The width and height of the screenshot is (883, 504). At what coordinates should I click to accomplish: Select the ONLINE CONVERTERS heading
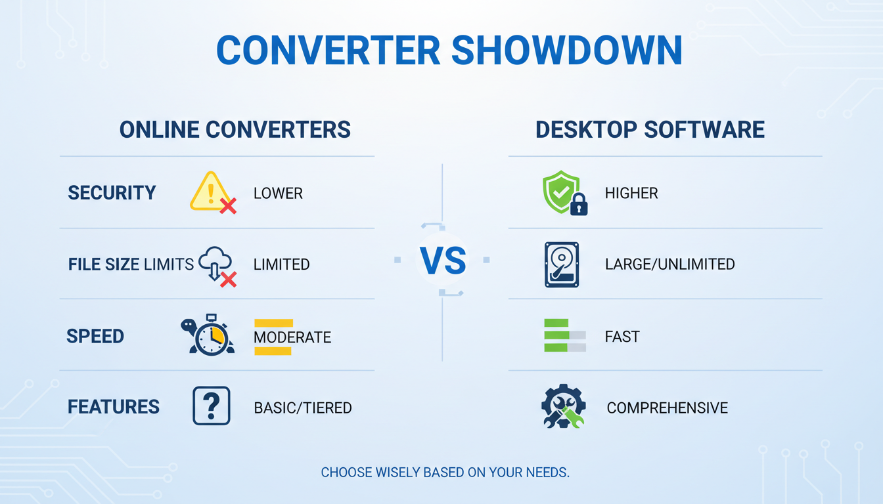235,129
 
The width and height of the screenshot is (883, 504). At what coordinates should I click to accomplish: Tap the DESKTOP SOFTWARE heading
650,129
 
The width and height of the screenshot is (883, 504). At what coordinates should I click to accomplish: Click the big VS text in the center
442,261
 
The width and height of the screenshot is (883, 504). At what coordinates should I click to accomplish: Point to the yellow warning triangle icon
209,191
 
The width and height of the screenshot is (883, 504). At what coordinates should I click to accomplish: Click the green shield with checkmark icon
560,192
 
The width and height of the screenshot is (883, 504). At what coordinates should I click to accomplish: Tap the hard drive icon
562,264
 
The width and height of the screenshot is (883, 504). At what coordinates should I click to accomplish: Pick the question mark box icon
212,406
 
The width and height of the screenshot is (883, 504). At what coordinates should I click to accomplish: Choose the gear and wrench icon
563,407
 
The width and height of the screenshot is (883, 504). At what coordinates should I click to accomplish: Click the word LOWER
278,194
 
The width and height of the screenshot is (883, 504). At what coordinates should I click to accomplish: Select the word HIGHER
631,194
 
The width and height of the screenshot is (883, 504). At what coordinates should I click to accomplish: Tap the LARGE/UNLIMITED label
669,264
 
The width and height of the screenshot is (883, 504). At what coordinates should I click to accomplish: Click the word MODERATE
292,337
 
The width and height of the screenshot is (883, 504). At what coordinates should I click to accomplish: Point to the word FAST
622,337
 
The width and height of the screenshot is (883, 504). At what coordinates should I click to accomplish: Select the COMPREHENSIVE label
667,408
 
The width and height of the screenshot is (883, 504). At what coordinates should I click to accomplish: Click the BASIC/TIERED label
303,408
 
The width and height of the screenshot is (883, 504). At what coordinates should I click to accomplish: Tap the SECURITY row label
112,193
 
